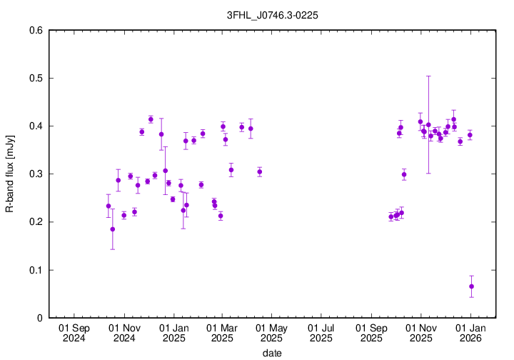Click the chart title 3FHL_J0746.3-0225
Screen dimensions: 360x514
pos(257,13)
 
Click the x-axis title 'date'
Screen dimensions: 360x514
pos(271,353)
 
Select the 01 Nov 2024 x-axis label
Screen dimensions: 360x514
pos(124,334)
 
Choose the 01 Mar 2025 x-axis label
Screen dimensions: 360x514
pos(222,334)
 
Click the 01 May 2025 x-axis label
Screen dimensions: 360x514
pos(271,334)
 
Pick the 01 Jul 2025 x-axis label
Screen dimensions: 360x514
pos(321,334)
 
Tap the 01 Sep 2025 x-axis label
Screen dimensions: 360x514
pos(371,334)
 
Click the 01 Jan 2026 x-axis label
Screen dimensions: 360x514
pos(470,334)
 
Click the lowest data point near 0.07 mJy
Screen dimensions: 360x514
pos(471,286)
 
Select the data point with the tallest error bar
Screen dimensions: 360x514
pos(428,125)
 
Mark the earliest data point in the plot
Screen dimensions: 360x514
pos(109,206)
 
